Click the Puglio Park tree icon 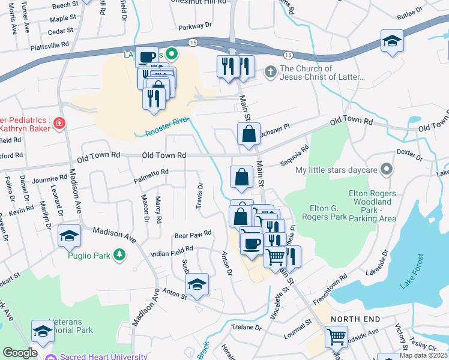120,256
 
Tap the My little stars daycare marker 387,170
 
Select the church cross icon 271,73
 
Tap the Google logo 19,353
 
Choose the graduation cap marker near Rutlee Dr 391,41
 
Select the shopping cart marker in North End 337,337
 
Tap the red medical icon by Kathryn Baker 59,124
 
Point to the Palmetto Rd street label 151,172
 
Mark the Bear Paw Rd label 193,233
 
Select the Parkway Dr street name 195,26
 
